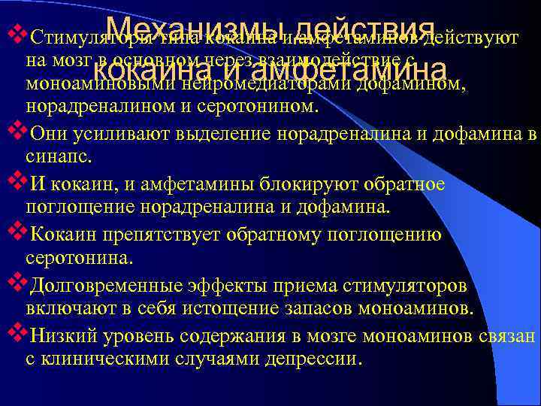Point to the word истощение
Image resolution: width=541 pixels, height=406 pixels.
[x=214, y=308]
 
